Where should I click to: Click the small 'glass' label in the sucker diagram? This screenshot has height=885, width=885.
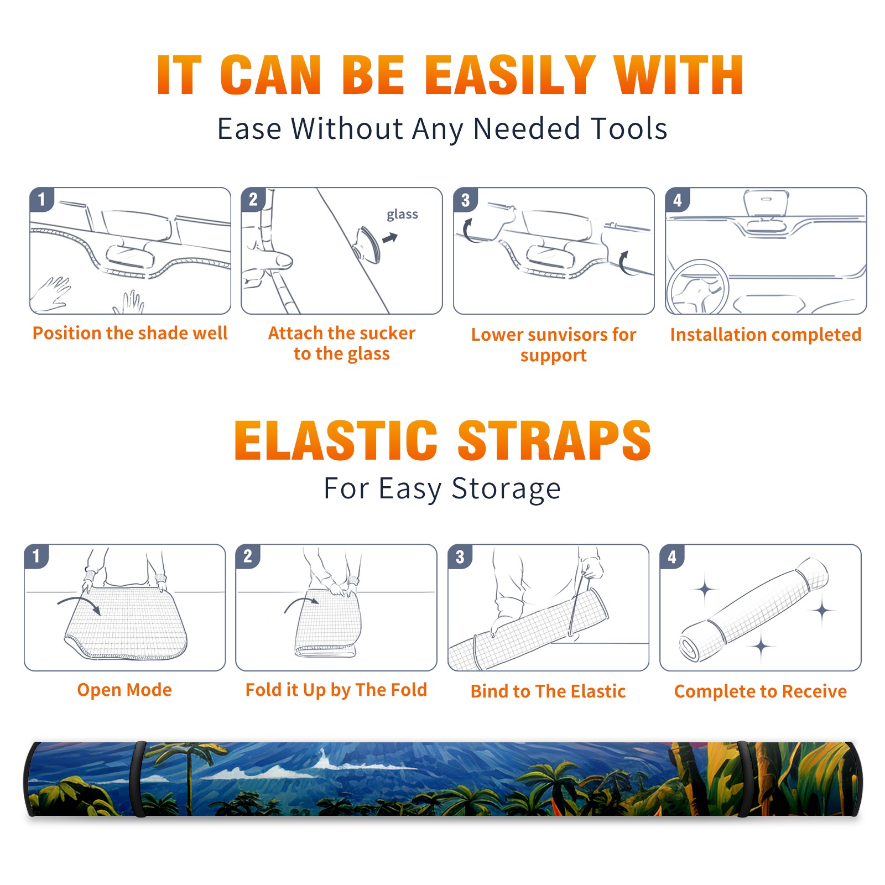402,214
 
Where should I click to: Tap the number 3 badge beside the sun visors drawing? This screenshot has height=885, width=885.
465,200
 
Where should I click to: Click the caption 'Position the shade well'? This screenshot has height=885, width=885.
130,333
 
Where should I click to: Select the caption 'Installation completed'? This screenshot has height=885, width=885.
766,334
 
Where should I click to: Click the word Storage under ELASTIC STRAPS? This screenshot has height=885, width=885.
506,489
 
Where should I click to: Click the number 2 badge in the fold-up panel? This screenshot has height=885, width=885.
248,556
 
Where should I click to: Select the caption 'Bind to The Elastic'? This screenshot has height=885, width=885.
548,691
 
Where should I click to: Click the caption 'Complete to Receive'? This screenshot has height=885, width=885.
761,691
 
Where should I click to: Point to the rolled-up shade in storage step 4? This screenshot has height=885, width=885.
754,609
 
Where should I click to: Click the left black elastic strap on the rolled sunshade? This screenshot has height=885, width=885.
138,779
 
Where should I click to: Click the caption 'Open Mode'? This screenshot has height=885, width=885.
124,690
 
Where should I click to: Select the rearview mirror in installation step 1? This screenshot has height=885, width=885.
130,256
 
